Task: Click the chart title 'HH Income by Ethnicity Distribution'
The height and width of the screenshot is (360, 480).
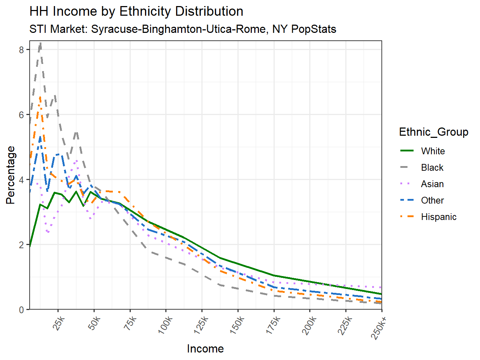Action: point(136,11)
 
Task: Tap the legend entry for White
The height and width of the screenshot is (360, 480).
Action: point(432,151)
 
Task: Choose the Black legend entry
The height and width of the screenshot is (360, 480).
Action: point(432,167)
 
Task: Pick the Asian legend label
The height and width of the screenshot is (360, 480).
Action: point(432,184)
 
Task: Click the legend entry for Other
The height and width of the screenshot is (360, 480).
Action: point(432,200)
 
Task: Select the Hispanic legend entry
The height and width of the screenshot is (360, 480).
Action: point(438,217)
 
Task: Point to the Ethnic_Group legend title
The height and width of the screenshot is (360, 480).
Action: point(434,132)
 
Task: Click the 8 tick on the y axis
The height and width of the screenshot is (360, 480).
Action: point(22,50)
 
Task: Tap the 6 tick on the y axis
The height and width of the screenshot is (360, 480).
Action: point(22,115)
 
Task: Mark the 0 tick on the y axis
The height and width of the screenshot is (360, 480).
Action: point(22,310)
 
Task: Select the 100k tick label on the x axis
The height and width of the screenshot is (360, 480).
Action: point(166,326)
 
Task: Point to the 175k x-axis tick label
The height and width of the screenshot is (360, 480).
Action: point(274,326)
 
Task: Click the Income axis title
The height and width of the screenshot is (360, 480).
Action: point(205,349)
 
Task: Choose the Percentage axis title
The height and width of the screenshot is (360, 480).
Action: point(11,175)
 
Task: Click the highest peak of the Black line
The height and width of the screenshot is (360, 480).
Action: point(40,43)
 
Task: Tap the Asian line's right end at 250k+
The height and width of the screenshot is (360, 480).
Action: point(381,287)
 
